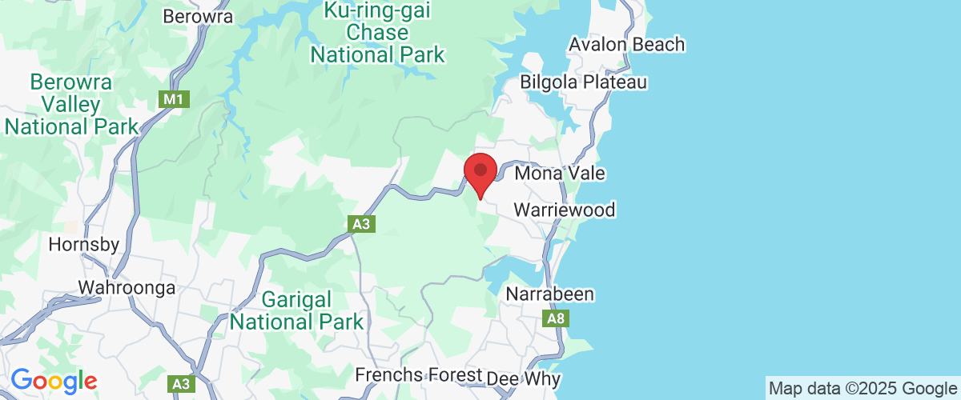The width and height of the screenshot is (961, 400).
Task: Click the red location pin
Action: [x=480, y=172]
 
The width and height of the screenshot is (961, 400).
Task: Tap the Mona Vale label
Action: [x=560, y=174]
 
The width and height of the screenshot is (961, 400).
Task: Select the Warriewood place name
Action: [x=565, y=210]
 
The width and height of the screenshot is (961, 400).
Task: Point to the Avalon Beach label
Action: [x=627, y=45]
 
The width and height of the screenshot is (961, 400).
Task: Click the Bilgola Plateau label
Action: [x=583, y=82]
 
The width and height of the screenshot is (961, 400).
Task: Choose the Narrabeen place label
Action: [x=550, y=294]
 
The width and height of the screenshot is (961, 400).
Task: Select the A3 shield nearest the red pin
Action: [x=361, y=225]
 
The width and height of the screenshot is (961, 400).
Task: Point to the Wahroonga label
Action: [x=127, y=288]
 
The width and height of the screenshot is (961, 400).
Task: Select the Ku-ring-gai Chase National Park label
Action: [x=377, y=34]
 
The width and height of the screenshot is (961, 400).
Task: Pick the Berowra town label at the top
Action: [x=197, y=16]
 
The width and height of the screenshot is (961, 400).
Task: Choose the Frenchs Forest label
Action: [x=419, y=375]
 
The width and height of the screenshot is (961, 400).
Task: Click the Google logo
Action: [x=53, y=382]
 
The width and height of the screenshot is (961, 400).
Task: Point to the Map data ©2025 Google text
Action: [x=862, y=388]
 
